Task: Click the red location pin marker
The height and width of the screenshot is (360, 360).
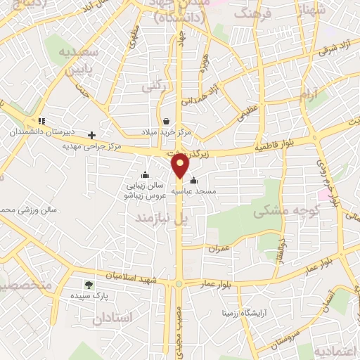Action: point(180,166)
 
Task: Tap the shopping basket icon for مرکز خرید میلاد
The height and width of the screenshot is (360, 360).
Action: point(165,120)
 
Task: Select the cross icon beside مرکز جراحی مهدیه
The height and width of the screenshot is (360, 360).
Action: point(91,134)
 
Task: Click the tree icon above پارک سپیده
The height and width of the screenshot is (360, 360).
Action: point(89,285)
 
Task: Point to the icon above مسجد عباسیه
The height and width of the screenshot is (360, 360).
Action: point(194,180)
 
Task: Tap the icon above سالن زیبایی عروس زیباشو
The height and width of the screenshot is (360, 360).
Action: point(145,175)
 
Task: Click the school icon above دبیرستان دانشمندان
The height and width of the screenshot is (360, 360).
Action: point(42,121)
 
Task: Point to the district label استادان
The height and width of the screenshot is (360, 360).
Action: point(112,318)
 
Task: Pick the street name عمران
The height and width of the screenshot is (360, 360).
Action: point(219,248)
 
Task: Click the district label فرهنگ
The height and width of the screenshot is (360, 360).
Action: point(250,13)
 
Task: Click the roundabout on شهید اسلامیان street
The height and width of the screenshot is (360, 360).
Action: point(179,283)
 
